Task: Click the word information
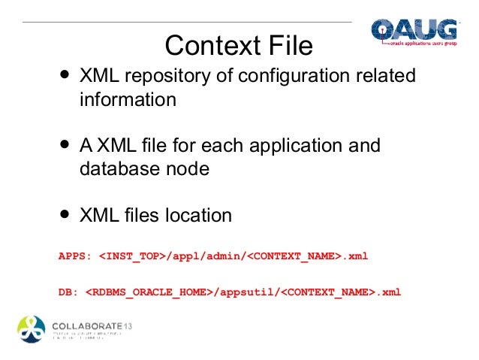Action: point(128,100)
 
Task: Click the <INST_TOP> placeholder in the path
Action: point(131,256)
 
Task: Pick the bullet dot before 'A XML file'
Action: point(65,144)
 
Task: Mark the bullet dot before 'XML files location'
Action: point(65,215)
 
